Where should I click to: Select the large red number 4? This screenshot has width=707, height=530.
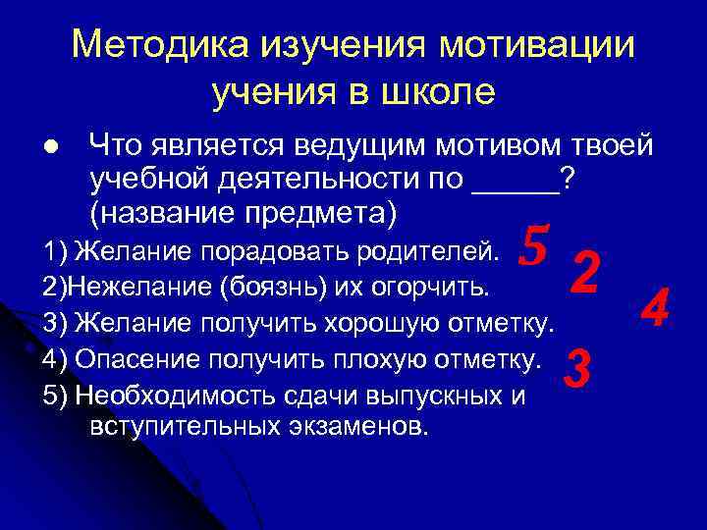[654, 307]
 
